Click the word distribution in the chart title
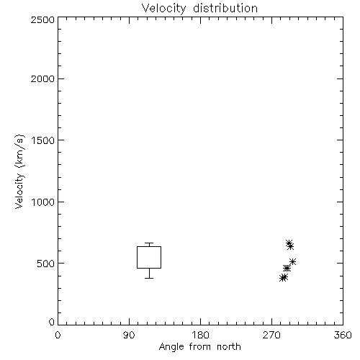click(225, 8)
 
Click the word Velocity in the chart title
click(163, 9)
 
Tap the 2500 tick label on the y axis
click(42, 19)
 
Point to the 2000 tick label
click(42, 78)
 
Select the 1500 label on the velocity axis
click(43, 140)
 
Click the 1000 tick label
click(43, 202)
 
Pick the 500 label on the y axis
click(46, 264)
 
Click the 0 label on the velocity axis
click(52, 322)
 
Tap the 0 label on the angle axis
click(58, 335)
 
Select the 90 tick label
click(129, 335)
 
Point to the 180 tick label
click(200, 335)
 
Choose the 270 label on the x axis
click(271, 335)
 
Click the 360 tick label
click(343, 335)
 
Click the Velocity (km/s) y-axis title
click(19, 171)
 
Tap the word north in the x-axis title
click(229, 347)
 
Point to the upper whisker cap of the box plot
click(149, 243)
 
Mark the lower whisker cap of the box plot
click(149, 278)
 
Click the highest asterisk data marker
click(289, 243)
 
